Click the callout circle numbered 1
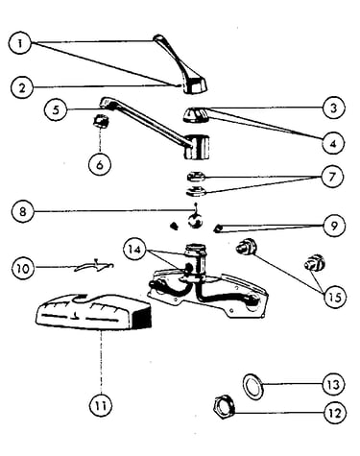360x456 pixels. [x=20, y=43]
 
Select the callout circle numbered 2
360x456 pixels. [x=22, y=87]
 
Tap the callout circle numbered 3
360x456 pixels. [x=334, y=108]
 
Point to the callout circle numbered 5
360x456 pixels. [x=56, y=109]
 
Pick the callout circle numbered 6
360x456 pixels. [x=100, y=164]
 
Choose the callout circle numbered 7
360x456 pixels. [x=332, y=177]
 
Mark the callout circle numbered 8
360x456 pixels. [x=22, y=211]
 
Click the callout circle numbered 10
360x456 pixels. [x=23, y=268]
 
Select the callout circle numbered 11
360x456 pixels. [x=101, y=405]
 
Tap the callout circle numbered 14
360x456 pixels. [x=135, y=249]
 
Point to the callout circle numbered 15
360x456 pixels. [x=335, y=297]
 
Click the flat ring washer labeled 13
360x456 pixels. [x=253, y=387]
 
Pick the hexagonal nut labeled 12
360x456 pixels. [x=224, y=406]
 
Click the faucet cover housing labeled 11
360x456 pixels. [x=93, y=313]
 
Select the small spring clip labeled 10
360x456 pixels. [x=94, y=266]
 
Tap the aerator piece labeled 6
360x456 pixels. [x=101, y=121]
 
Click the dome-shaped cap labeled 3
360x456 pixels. [x=196, y=115]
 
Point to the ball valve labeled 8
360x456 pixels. [x=195, y=220]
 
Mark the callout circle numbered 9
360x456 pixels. [x=334, y=226]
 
